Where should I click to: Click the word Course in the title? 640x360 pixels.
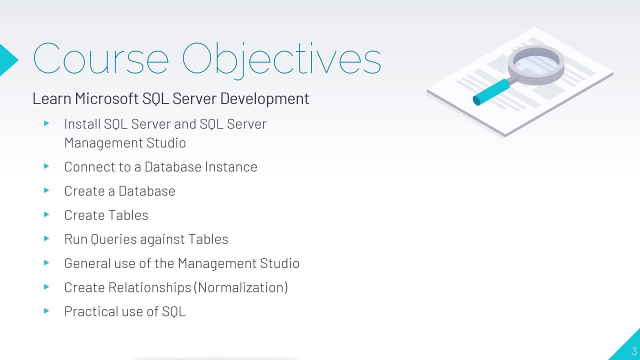101,59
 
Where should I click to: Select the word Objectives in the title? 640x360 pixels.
281,60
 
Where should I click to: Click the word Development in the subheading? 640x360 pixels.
264,99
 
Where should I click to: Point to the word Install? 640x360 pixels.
82,124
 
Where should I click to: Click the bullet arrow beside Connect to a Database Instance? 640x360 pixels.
46,166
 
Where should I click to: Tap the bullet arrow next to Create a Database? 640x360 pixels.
46,190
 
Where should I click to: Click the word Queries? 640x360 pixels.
113,239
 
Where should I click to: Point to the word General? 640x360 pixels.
87,263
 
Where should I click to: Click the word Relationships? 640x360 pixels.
149,287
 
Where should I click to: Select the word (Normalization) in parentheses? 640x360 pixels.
241,287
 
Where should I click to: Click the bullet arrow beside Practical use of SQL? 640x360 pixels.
46,311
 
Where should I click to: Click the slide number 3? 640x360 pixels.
634,351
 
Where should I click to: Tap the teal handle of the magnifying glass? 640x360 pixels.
491,92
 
